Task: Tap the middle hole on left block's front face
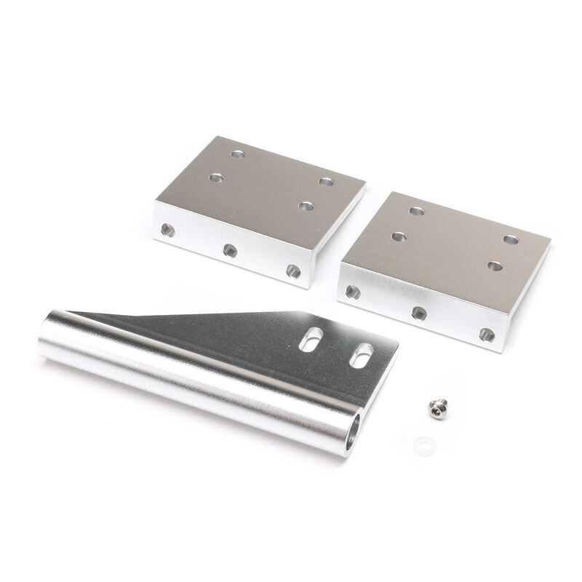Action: pos(230,251)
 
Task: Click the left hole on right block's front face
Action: pos(351,291)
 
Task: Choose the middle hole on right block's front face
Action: pos(418,312)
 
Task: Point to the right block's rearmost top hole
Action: pos(417,211)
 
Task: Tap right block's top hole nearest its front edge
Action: pos(495,265)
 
